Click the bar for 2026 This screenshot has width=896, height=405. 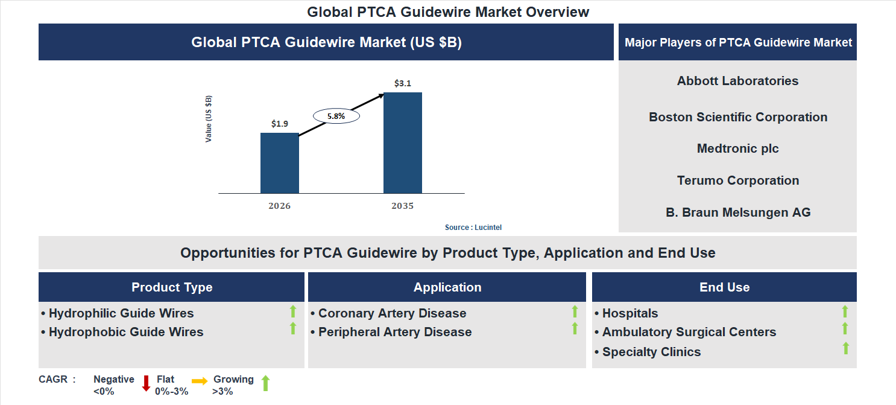(279, 163)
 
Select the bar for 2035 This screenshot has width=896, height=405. (402, 142)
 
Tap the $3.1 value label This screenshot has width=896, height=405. (402, 83)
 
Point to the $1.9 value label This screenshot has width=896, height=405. (279, 124)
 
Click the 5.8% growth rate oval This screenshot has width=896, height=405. (336, 116)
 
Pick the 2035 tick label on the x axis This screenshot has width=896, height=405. (402, 206)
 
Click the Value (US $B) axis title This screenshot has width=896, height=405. (209, 119)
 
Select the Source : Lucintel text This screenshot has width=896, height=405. (473, 228)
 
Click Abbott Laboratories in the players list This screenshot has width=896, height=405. (737, 81)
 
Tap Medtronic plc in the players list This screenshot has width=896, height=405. (737, 148)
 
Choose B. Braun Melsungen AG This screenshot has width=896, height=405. (737, 212)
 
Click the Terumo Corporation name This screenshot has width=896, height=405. (737, 180)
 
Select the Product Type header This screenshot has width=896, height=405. (172, 287)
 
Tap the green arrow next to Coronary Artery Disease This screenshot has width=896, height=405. (575, 311)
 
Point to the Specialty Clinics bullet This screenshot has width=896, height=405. (651, 352)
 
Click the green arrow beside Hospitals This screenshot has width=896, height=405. (845, 311)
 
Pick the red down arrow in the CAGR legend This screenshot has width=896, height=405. (145, 383)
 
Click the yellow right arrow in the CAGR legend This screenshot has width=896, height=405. (200, 381)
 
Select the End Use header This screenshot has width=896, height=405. (724, 287)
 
